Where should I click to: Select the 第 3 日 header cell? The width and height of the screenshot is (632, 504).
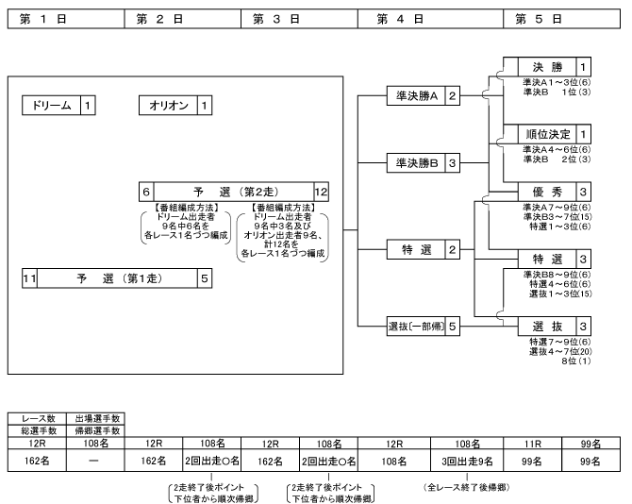coord(303,18)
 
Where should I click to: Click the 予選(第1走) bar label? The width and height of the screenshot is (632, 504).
coord(109,278)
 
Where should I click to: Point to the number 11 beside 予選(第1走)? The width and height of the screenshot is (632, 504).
coord(29,278)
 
